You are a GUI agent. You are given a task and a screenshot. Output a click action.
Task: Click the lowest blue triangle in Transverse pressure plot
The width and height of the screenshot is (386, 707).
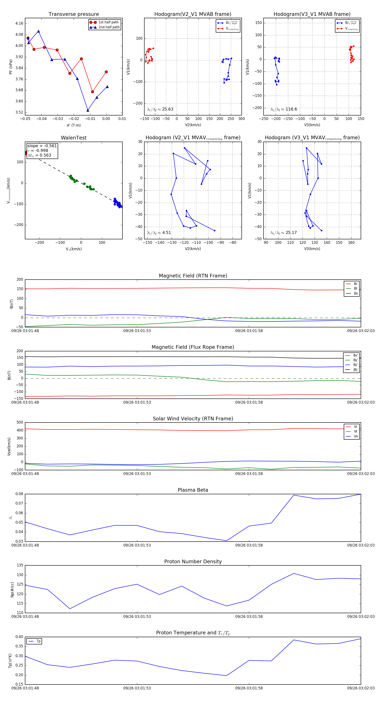click(x=88, y=110)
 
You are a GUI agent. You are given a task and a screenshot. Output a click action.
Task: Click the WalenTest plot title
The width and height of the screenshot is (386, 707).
click(x=74, y=138)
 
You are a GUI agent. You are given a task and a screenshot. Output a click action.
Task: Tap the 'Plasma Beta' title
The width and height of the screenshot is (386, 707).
click(x=193, y=490)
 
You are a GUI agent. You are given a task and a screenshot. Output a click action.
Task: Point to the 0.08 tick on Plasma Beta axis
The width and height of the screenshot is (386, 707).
click(x=19, y=494)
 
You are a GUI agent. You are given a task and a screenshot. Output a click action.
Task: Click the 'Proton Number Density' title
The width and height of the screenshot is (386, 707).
click(x=193, y=562)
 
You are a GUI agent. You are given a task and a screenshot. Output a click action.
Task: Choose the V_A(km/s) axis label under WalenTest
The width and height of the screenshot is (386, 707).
click(x=74, y=249)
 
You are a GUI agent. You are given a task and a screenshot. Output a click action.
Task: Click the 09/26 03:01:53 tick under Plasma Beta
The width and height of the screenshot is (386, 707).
click(x=137, y=545)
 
